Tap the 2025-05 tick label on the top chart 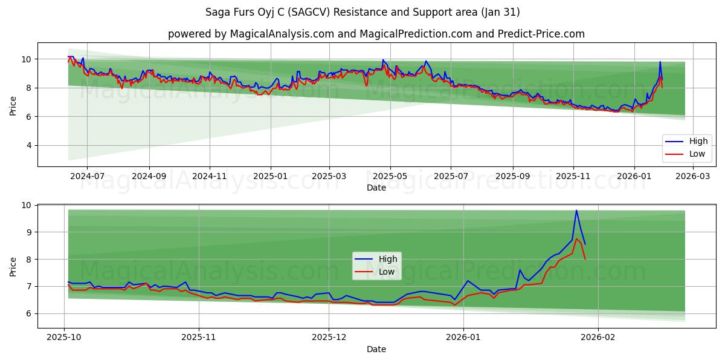click(x=390, y=176)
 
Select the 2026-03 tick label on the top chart click(x=694, y=176)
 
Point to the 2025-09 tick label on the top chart click(x=512, y=176)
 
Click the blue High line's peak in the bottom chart click(x=576, y=211)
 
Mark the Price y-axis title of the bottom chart click(x=13, y=266)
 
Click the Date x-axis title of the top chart click(x=376, y=188)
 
